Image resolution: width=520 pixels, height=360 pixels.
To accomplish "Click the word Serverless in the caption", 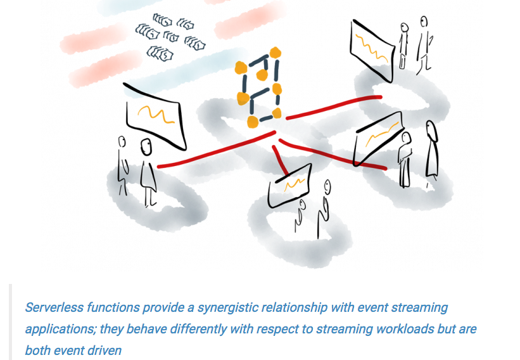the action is pyautogui.click(x=54, y=307).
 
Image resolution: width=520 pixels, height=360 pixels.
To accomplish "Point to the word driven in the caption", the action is pyautogui.click(x=106, y=350).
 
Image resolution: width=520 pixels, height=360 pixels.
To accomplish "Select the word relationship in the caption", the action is pyautogui.click(x=295, y=308).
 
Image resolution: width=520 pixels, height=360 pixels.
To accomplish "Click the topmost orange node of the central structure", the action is pyautogui.click(x=275, y=53).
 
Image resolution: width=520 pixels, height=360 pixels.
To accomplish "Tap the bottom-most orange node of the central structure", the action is pyautogui.click(x=253, y=122).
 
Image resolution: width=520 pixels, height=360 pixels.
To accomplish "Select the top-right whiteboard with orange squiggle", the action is pyautogui.click(x=372, y=50).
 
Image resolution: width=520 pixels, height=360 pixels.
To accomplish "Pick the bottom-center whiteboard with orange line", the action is pyautogui.click(x=289, y=186).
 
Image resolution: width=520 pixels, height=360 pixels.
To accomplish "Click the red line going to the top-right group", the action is pyautogui.click(x=334, y=106).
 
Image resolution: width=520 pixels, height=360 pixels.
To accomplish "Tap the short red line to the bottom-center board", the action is pyautogui.click(x=280, y=160).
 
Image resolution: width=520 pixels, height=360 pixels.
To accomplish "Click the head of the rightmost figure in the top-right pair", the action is pyautogui.click(x=424, y=22).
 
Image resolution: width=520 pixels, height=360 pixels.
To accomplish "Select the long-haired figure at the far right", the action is pyautogui.click(x=431, y=151).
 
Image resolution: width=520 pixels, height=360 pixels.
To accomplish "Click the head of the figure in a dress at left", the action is pyautogui.click(x=146, y=147).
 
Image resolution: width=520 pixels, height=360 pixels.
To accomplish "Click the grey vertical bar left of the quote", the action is pyautogui.click(x=10, y=322).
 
